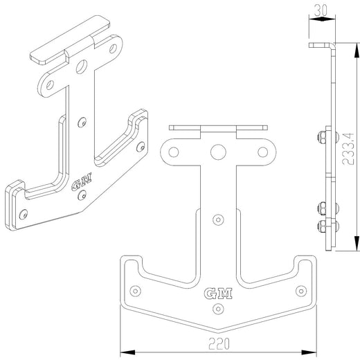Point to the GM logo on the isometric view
coord(80,185)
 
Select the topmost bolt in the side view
coord(323,136)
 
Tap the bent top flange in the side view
coord(321,45)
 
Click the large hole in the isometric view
coord(82,67)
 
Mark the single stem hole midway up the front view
coord(218,219)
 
